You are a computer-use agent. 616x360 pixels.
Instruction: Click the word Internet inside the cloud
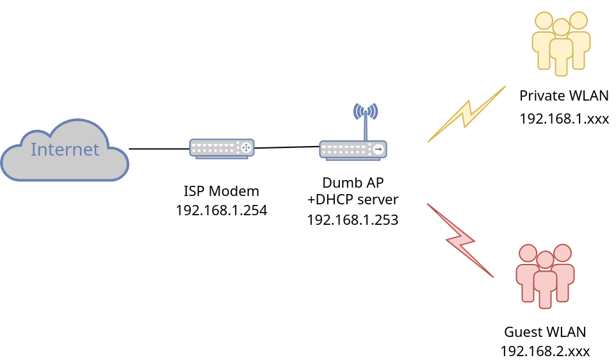point(65,150)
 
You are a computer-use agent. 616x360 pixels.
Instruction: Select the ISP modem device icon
point(222,148)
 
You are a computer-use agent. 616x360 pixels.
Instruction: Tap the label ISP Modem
point(222,191)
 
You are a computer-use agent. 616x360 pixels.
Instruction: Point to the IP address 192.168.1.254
point(222,209)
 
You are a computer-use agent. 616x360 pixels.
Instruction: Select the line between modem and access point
point(287,147)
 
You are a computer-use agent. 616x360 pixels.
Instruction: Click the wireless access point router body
point(353,150)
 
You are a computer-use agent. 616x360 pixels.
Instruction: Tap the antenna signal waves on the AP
point(366,111)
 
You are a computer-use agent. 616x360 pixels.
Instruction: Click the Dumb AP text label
point(353,182)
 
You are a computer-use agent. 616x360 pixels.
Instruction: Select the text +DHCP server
point(353,199)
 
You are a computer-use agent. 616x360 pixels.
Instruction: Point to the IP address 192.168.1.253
point(353,220)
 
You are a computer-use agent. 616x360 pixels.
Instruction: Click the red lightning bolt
point(460,240)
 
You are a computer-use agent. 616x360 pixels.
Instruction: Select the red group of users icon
point(545,275)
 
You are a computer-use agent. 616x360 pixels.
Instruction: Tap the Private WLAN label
point(563,96)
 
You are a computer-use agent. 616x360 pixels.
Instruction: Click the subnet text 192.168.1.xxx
point(563,119)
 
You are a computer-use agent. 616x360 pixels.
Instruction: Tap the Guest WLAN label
point(545,332)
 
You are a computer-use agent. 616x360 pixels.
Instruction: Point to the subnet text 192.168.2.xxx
point(545,351)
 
